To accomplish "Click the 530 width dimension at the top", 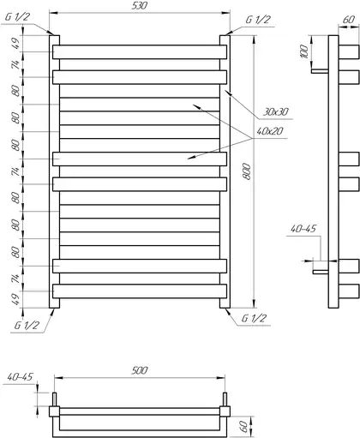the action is click(140, 6).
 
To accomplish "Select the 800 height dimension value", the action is click(247, 171).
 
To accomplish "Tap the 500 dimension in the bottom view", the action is click(140, 370).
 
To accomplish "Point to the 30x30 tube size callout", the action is click(276, 111).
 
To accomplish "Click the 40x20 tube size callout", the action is click(270, 131).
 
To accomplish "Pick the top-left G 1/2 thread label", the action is click(17, 17).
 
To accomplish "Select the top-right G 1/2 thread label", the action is click(258, 20).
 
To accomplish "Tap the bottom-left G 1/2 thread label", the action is click(27, 325).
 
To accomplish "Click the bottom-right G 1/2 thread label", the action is click(254, 318).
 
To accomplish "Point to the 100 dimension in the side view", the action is click(305, 51).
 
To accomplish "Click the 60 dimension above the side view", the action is click(349, 20).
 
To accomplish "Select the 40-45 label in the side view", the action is click(303, 229).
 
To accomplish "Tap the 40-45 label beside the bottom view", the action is click(21, 377).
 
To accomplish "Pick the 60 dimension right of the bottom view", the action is click(243, 426).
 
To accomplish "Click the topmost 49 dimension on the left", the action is click(16, 44).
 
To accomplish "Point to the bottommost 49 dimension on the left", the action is click(16, 299).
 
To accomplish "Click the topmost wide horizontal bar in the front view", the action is click(140, 52).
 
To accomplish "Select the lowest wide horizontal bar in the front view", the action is click(140, 291).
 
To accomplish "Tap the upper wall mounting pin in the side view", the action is click(320, 71).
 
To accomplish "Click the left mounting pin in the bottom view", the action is click(54, 399).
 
